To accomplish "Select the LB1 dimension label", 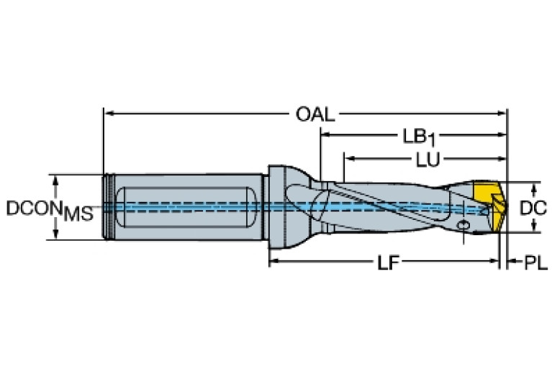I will [x=422, y=135].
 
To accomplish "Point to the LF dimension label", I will [x=386, y=263].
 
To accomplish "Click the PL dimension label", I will [x=533, y=264].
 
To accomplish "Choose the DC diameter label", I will [x=533, y=208].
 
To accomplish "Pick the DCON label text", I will [x=34, y=208].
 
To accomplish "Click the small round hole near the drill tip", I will [x=463, y=227].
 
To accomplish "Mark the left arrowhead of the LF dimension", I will [x=273, y=263].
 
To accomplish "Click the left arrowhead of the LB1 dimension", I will [x=325, y=134].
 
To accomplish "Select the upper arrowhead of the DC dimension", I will [x=533, y=187].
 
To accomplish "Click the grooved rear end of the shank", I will [x=108, y=207].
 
